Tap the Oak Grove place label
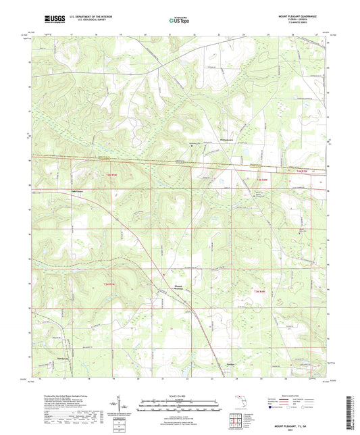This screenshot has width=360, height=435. pyautogui.click(x=78, y=190)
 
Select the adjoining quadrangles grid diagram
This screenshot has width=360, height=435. pyautogui.click(x=236, y=420)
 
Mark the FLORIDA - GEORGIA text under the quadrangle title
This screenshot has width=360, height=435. pyautogui.click(x=311, y=22)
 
